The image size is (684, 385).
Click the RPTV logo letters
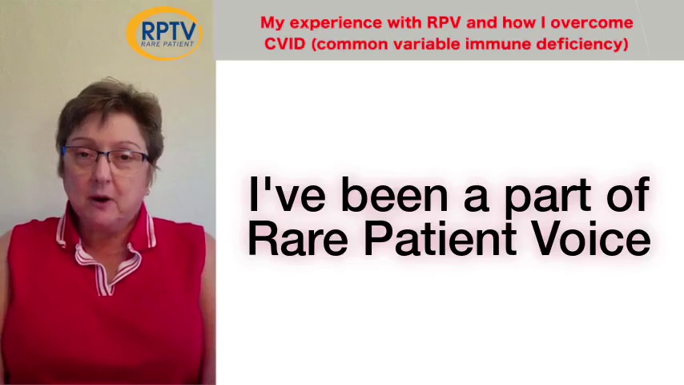click(x=169, y=30)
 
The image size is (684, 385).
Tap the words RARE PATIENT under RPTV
click(x=167, y=43)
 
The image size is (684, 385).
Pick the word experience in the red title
click(x=336, y=23)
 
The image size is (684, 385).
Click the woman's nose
click(x=101, y=172)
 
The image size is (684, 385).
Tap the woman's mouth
click(x=101, y=200)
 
